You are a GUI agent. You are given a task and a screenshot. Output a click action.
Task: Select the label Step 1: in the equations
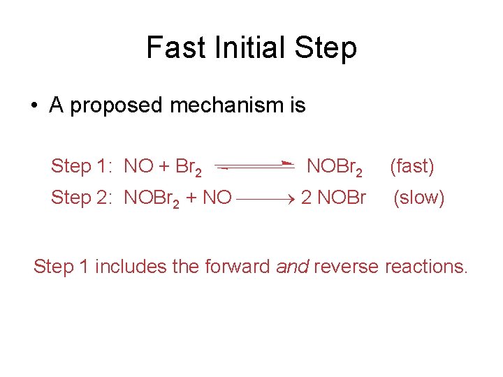[81, 166]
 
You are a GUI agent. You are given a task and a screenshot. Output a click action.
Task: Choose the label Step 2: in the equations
[81, 198]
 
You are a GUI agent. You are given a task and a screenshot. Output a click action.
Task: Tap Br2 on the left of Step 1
[189, 168]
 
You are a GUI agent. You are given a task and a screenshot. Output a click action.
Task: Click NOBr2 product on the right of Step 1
[335, 167]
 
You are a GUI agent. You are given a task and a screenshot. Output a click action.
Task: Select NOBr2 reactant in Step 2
[154, 198]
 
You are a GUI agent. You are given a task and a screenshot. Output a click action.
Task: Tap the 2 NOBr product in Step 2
[333, 198]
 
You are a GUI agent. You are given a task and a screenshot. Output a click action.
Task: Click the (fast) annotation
[412, 166]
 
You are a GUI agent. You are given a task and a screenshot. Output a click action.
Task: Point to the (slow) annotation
[419, 198]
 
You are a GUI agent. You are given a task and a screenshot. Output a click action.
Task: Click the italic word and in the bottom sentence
[293, 266]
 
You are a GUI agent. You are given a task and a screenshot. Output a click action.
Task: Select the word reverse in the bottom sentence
[346, 266]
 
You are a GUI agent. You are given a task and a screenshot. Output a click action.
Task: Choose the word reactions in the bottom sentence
[425, 266]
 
